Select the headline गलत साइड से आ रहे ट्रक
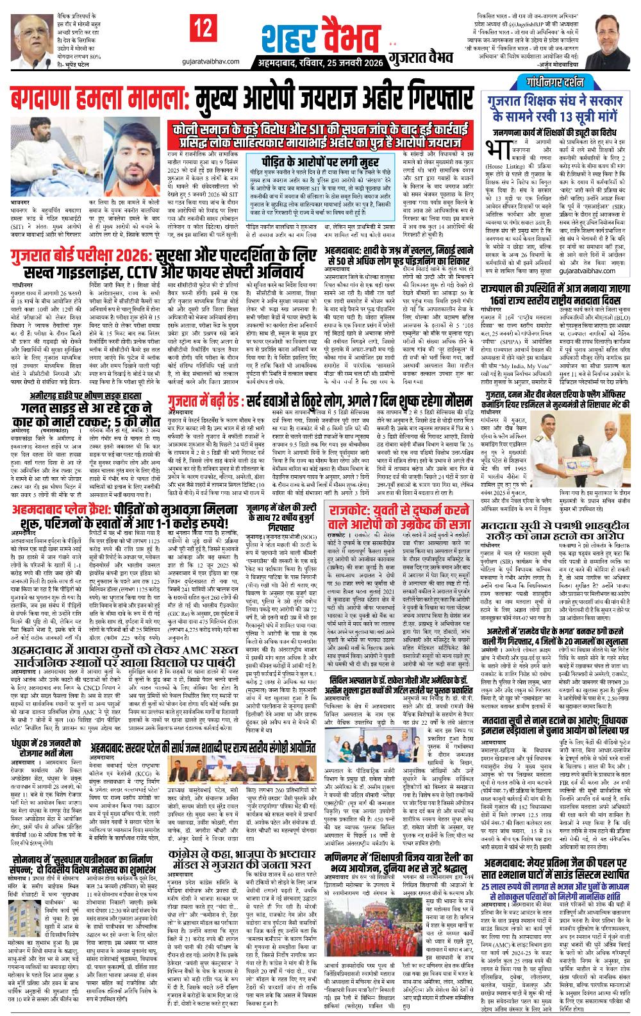click(85, 410)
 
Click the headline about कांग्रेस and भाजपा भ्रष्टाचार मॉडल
click(241, 860)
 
